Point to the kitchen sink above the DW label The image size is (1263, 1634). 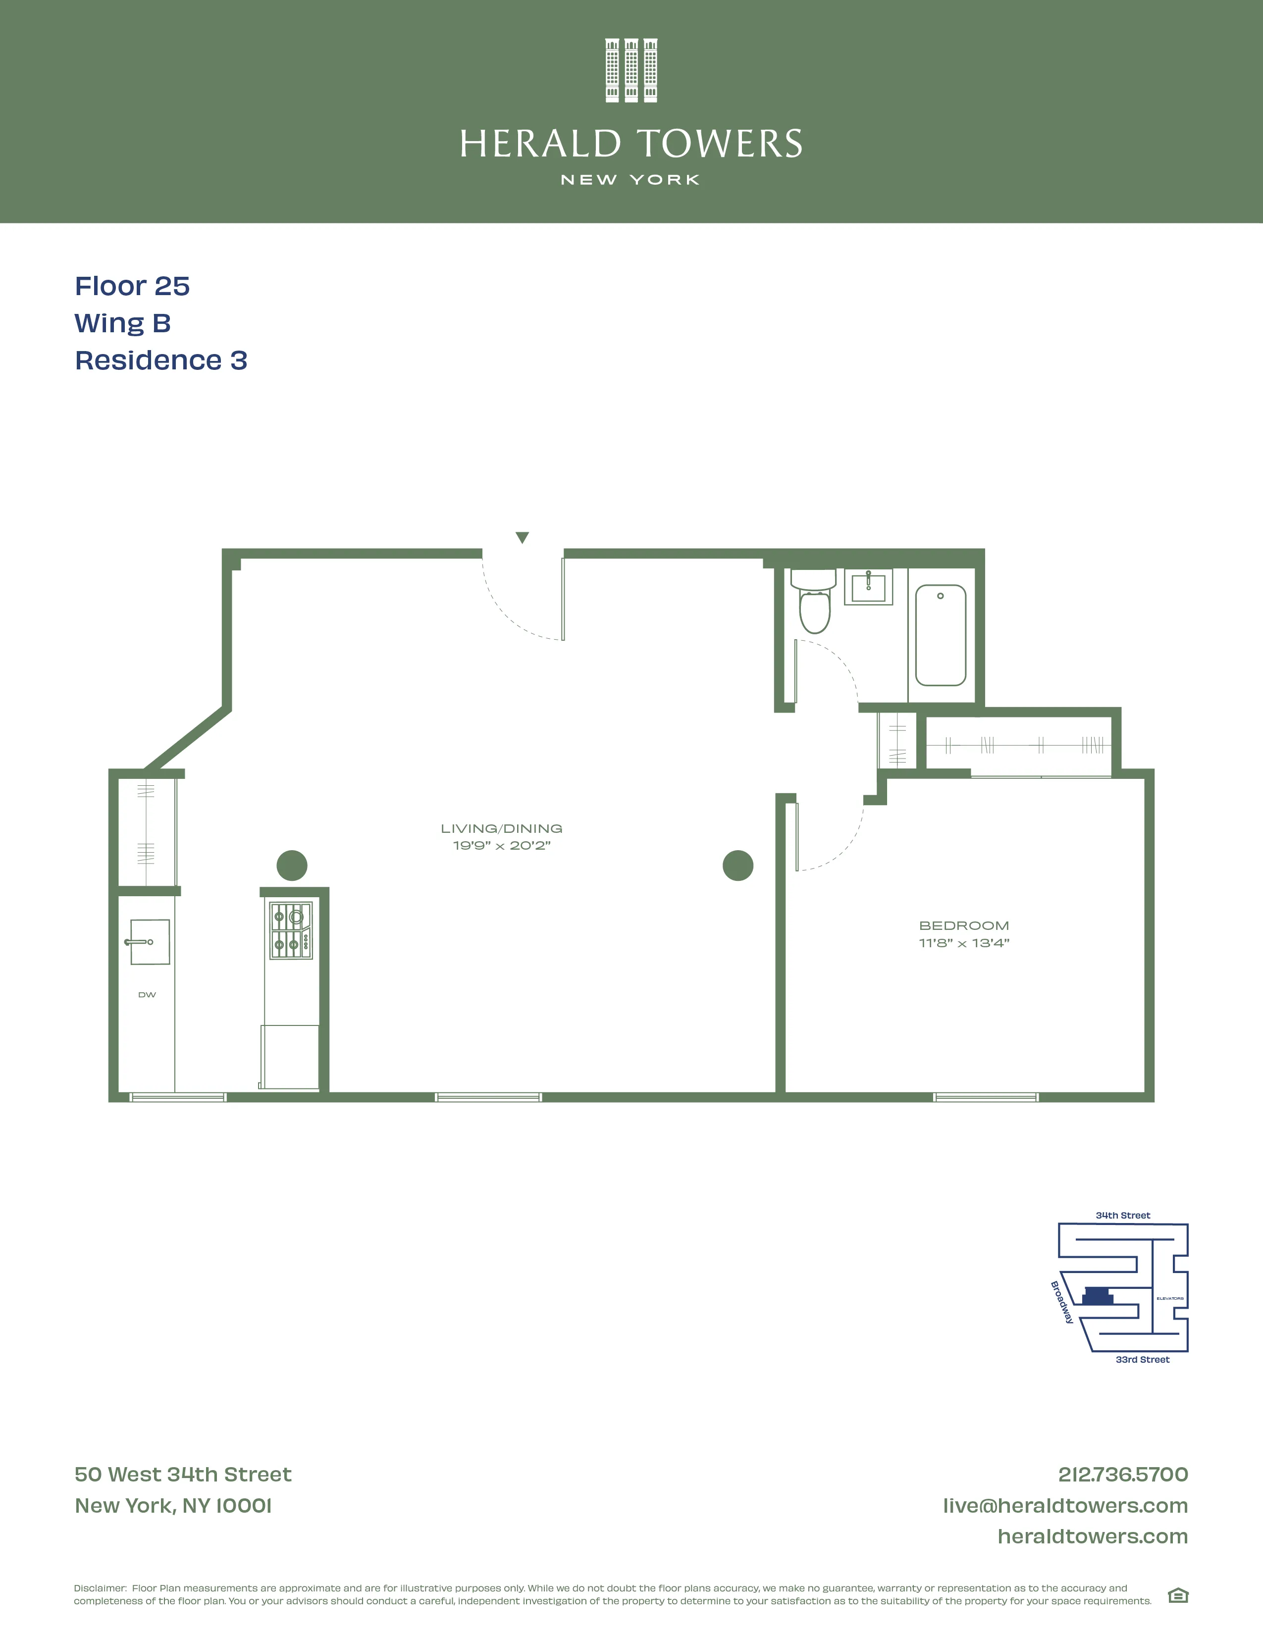pos(150,942)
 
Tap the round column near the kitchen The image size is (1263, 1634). pos(292,866)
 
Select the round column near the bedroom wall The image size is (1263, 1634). pos(738,866)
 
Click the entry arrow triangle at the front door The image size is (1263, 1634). pos(522,537)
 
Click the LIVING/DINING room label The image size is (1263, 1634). pos(501,828)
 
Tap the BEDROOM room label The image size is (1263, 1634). pos(964,925)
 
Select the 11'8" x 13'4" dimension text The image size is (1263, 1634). pos(964,943)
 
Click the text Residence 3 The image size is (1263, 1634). pos(161,360)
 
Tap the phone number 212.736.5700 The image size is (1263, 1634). pos(1122,1475)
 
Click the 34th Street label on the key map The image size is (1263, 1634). pos(1122,1216)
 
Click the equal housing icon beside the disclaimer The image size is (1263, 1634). pos(1178,1596)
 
